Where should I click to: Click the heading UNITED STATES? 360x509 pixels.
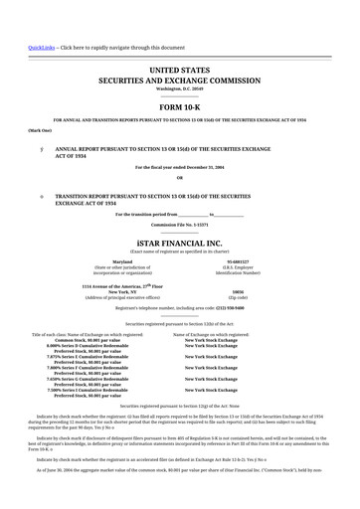click(x=180, y=72)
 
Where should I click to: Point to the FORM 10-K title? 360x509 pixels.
click(x=180, y=106)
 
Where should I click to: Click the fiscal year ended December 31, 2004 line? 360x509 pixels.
click(x=180, y=168)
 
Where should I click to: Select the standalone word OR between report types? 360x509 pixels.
click(x=180, y=178)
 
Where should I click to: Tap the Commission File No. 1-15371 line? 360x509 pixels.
click(x=180, y=225)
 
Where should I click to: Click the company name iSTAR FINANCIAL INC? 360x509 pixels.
click(x=180, y=243)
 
